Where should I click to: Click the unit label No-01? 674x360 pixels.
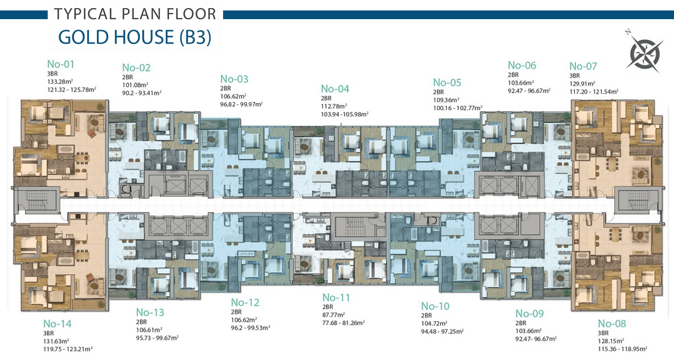pos(60,64)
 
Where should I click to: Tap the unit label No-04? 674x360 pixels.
pos(335,89)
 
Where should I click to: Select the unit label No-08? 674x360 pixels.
pos(612,323)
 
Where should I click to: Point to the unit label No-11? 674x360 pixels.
pos(336,297)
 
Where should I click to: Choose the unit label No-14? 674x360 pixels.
pos(57,323)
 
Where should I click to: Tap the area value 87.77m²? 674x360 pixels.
pos(334,315)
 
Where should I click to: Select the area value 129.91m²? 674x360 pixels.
pos(582,84)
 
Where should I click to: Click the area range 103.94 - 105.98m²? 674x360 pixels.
pos(345,114)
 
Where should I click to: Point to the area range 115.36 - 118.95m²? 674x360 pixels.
pos(622,349)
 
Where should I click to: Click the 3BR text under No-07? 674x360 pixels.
pos(575,75)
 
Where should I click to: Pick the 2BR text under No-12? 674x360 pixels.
pos(236,312)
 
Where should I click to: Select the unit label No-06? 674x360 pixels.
pos(522,65)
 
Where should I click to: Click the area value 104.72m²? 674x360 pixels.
pos(434,323)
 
